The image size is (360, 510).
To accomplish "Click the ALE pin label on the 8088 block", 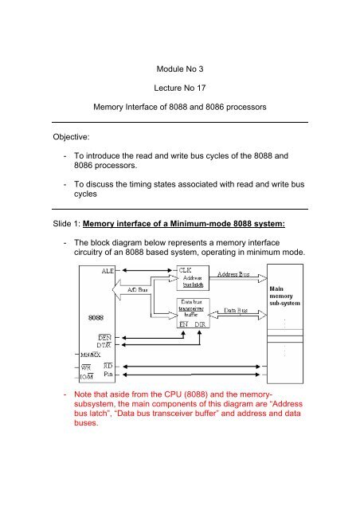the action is pyautogui.click(x=108, y=271).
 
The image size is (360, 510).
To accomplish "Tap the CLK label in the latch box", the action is pyautogui.click(x=185, y=270).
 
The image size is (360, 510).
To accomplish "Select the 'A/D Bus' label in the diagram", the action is pyautogui.click(x=137, y=289).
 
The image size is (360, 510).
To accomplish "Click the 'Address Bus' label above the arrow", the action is pyautogui.click(x=233, y=274).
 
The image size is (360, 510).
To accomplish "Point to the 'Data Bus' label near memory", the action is pyautogui.click(x=236, y=310).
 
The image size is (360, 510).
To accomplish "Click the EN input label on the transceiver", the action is pyautogui.click(x=184, y=324).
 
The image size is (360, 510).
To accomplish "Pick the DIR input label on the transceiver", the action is pyautogui.click(x=200, y=324).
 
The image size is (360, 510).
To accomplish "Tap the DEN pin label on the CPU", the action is pyautogui.click(x=104, y=338).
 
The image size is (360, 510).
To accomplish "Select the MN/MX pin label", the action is pyautogui.click(x=91, y=355).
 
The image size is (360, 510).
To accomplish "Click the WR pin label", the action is pyautogui.click(x=86, y=368).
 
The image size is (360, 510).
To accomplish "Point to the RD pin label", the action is pyautogui.click(x=108, y=366).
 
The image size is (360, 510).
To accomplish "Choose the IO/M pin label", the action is pyautogui.click(x=87, y=377).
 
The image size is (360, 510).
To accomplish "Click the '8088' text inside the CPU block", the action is pyautogui.click(x=96, y=317).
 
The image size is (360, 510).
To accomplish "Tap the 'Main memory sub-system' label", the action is pyautogui.click(x=284, y=296).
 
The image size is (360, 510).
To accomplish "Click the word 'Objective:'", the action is pyautogui.click(x=71, y=137).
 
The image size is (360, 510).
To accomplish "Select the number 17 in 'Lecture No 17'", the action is pyautogui.click(x=201, y=88).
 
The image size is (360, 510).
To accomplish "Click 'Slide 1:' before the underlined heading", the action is pyautogui.click(x=66, y=224).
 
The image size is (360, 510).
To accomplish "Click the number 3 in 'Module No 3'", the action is pyautogui.click(x=201, y=69).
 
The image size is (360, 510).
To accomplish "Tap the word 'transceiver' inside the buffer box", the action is pyautogui.click(x=191, y=308).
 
